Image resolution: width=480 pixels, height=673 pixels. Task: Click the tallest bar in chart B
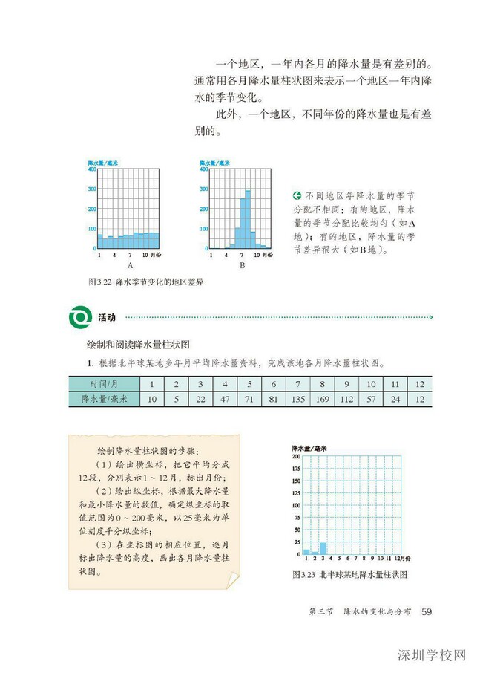click(248, 220)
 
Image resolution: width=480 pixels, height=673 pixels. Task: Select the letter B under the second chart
click(242, 264)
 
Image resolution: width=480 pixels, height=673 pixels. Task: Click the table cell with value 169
click(322, 399)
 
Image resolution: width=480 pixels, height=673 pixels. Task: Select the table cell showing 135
click(297, 399)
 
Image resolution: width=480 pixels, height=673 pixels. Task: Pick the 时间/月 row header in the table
click(102, 384)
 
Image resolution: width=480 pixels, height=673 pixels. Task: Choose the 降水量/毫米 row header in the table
click(102, 399)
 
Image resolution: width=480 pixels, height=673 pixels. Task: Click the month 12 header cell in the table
click(419, 384)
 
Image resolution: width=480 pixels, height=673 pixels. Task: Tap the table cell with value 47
click(224, 399)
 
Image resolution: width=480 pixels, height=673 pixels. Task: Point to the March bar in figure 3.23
click(323, 549)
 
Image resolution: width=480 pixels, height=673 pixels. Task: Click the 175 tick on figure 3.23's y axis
click(296, 469)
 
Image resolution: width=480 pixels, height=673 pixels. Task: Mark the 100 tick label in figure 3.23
click(296, 505)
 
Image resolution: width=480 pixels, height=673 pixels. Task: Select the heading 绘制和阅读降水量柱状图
click(139, 345)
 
